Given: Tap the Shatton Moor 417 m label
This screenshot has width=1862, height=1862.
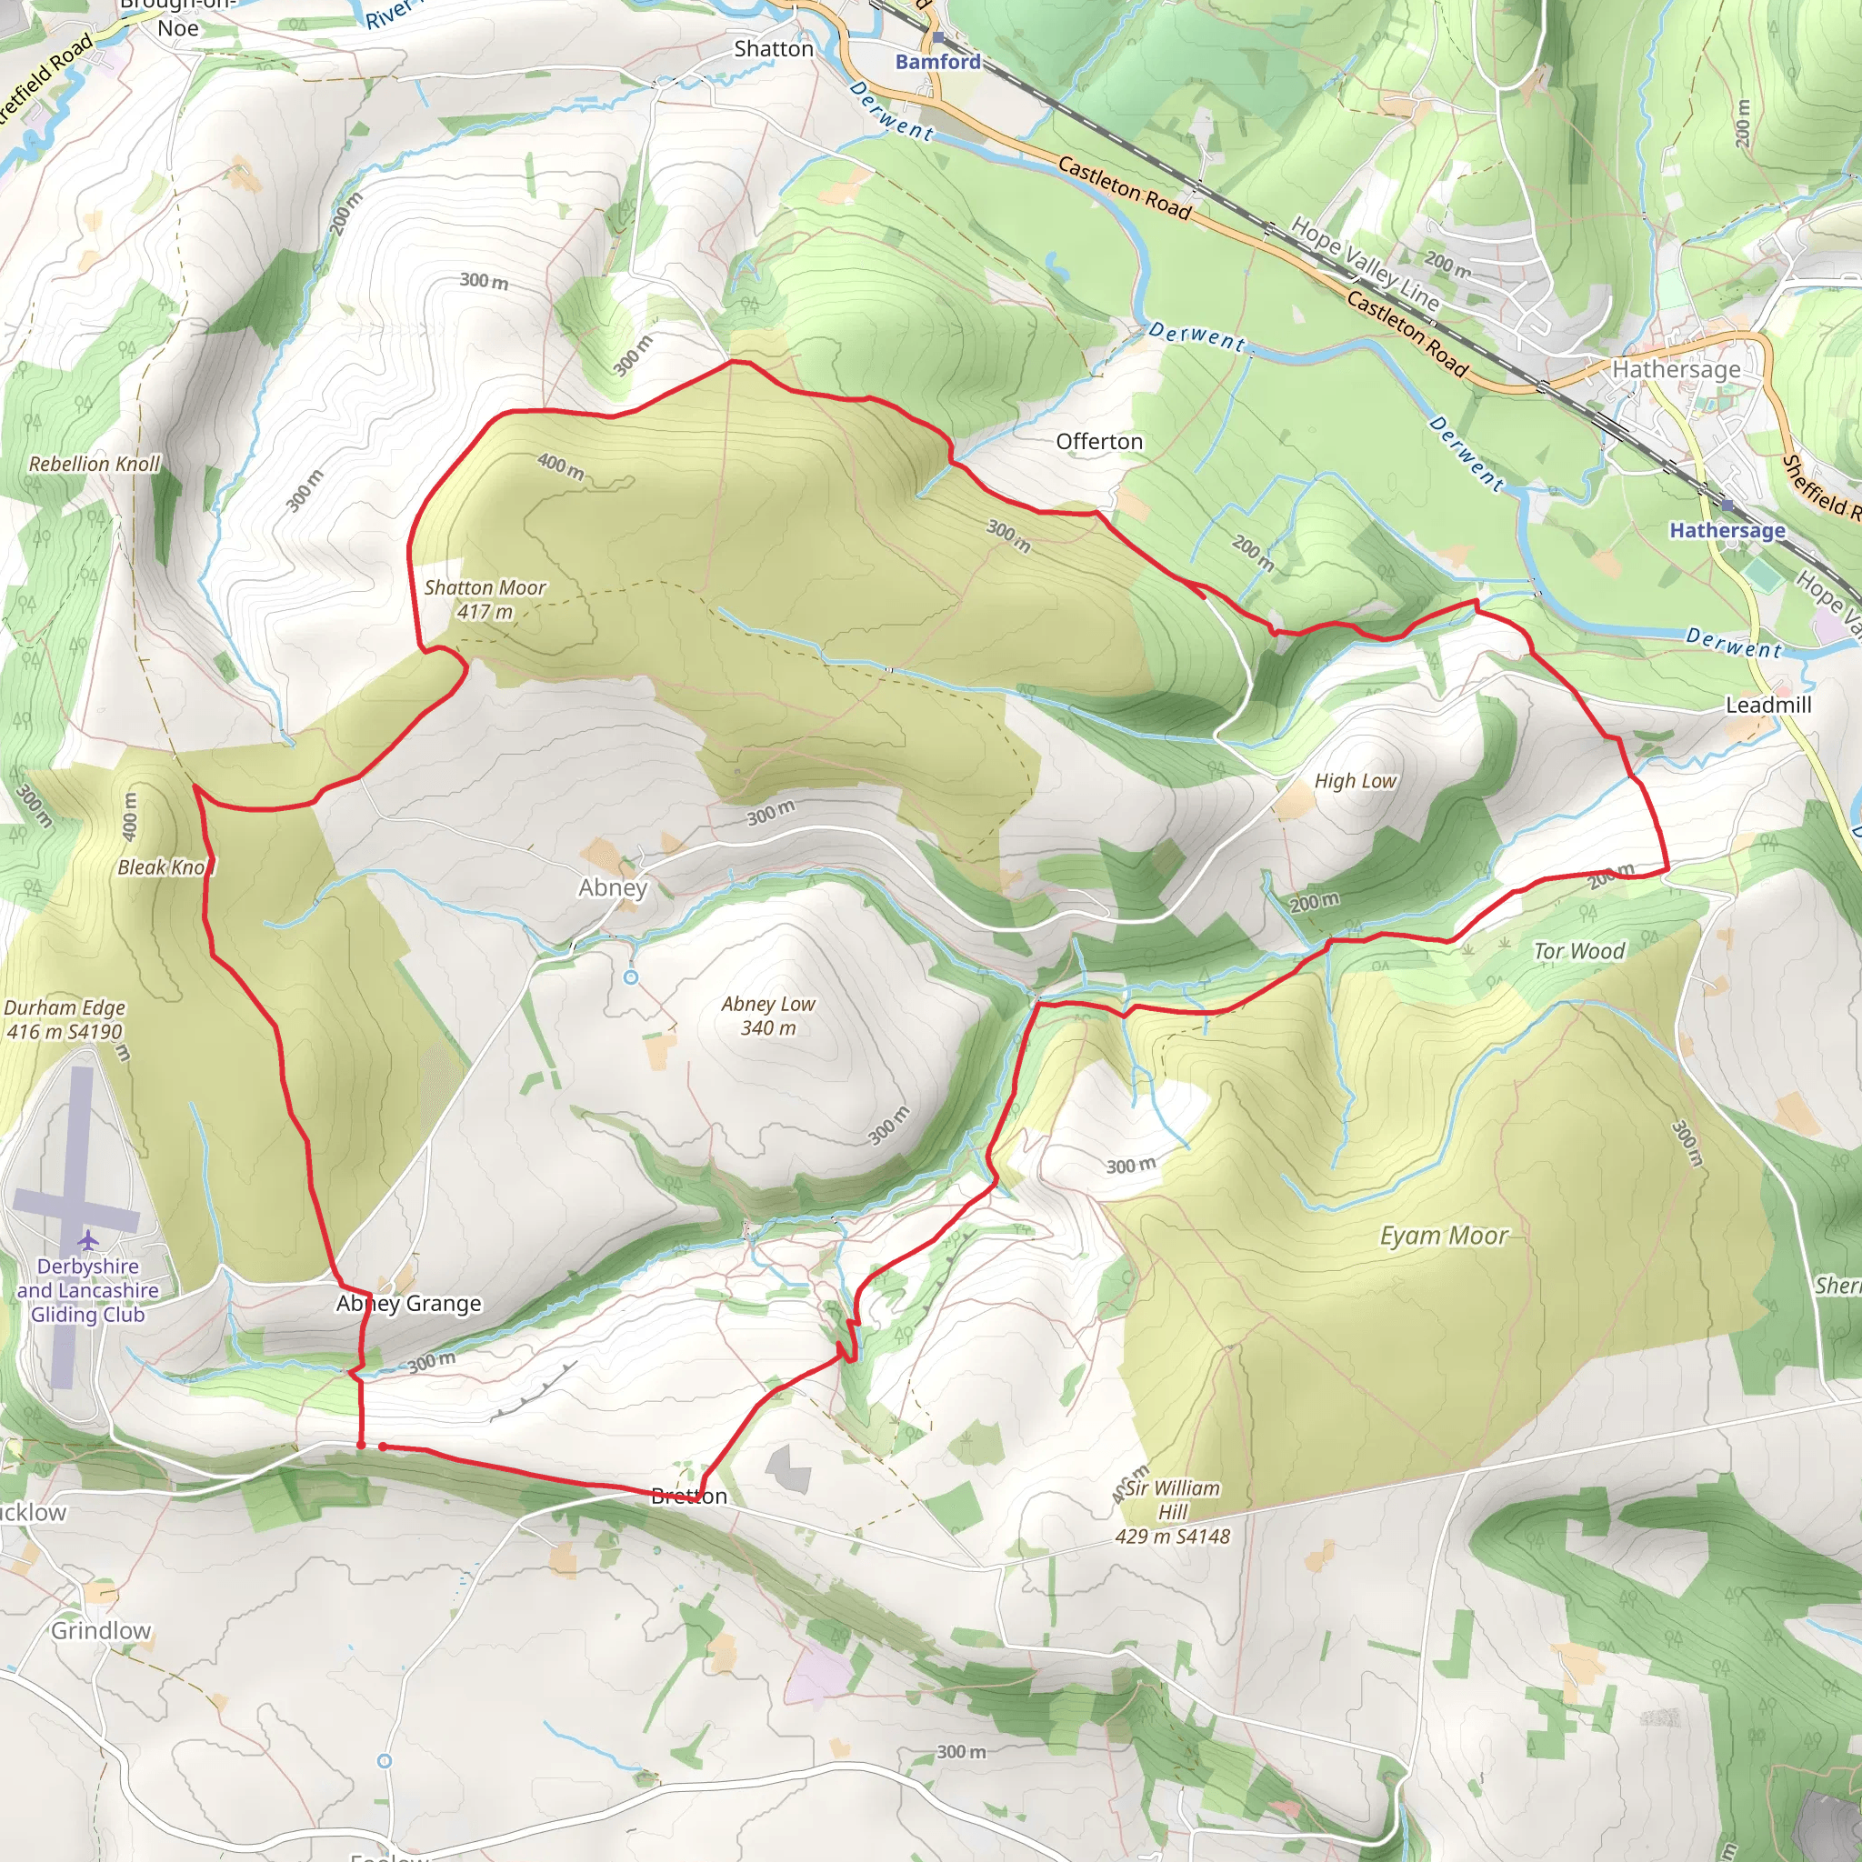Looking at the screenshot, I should tap(485, 599).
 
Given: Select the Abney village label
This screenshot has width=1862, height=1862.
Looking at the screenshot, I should tap(612, 886).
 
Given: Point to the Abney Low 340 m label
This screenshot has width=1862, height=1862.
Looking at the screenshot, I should tap(768, 1016).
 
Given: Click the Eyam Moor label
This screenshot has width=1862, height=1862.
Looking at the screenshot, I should tap(1443, 1236).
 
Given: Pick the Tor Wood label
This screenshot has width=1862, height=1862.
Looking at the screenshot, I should tap(1578, 951).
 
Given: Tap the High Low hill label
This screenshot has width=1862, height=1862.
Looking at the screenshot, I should tap(1355, 781).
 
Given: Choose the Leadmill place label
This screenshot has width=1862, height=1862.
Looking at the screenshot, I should tap(1767, 705).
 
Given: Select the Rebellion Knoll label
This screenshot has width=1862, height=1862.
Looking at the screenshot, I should tap(95, 464).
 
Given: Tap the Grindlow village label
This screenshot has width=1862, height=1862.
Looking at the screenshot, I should tap(101, 1631).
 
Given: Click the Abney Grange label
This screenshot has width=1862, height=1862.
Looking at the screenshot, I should tap(408, 1303).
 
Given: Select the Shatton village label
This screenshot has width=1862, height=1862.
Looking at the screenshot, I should tap(773, 48).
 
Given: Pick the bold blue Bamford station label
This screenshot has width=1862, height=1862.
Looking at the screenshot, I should tap(937, 62).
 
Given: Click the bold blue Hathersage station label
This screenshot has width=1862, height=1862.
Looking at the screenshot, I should tap(1727, 530).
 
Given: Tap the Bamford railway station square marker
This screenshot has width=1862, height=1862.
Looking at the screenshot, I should tap(937, 37).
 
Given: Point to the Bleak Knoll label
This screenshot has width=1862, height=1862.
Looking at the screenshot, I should tap(164, 867).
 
